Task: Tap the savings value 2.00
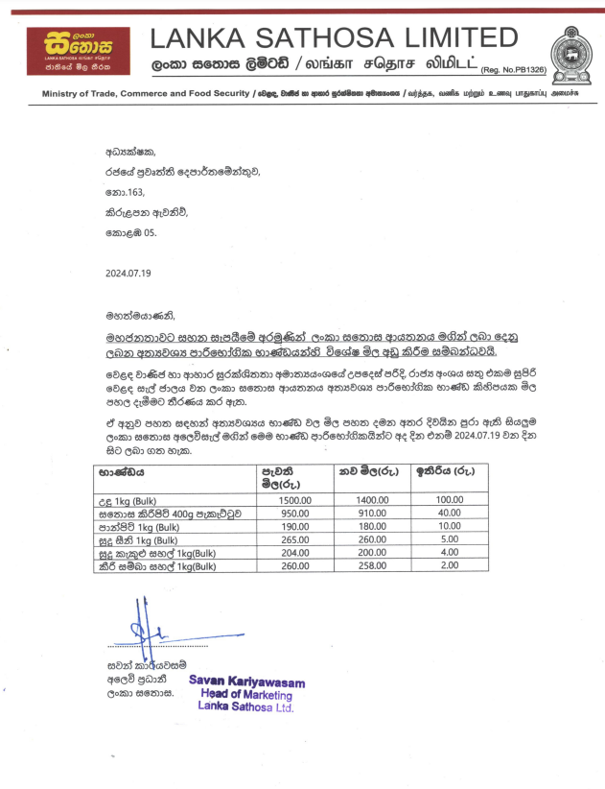click(x=450, y=566)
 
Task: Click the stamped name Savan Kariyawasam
click(x=246, y=682)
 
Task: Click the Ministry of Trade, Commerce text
click(x=144, y=93)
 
